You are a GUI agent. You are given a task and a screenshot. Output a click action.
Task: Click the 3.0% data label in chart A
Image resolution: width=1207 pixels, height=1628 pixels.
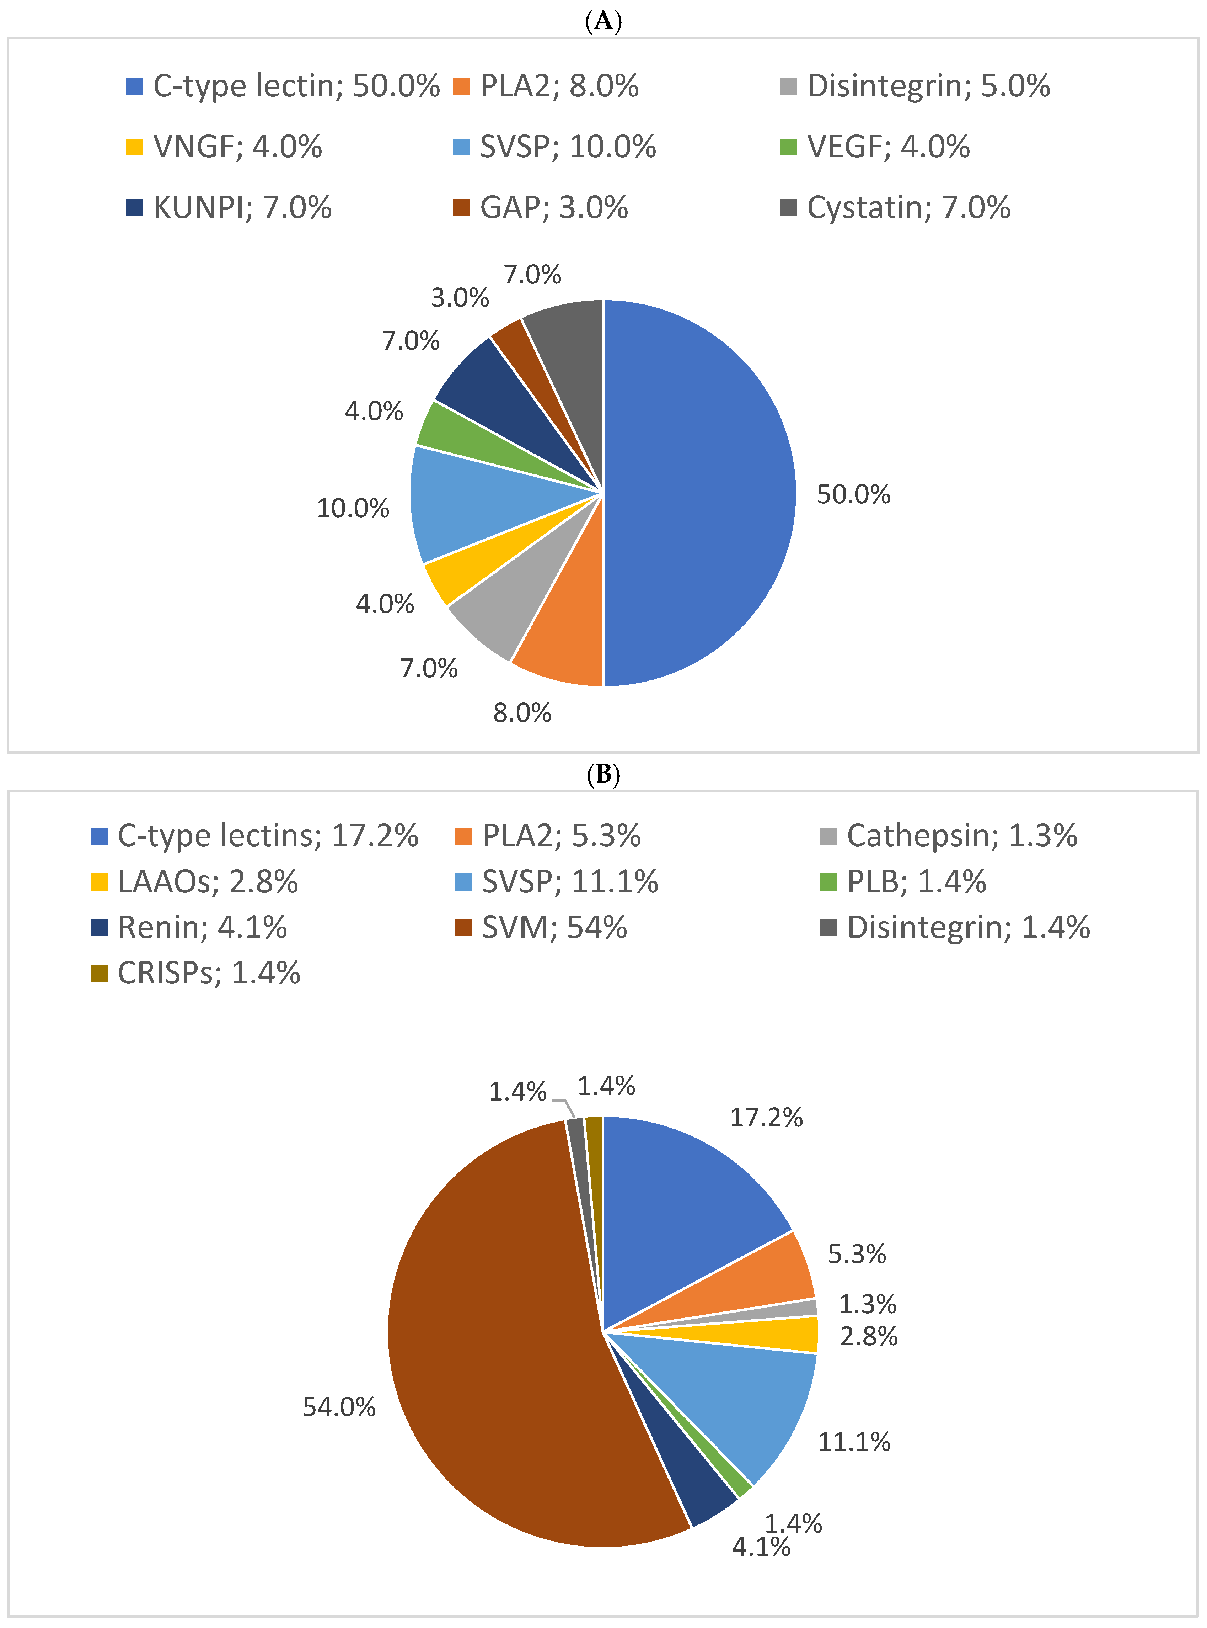coord(460,297)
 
